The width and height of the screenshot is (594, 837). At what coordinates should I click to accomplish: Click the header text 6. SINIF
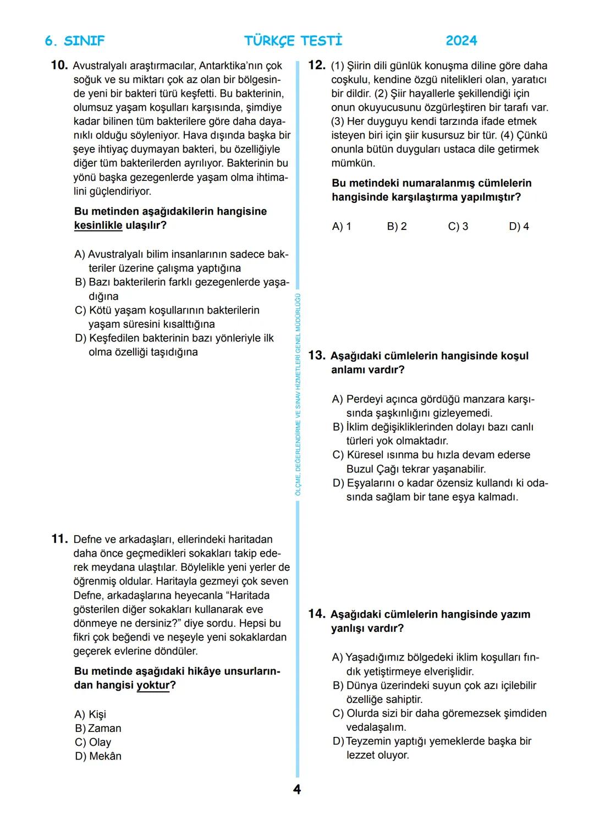74,41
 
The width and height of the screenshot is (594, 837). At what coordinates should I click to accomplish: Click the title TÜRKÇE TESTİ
293,41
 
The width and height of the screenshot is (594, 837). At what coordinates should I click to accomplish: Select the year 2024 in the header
461,41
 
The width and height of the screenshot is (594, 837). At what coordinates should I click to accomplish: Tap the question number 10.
59,65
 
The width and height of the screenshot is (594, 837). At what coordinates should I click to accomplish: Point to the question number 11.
59,539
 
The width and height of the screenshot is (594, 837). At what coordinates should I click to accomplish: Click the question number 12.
317,65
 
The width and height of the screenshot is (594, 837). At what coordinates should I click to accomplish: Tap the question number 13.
317,355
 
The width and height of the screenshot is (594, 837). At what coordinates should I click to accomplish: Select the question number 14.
317,614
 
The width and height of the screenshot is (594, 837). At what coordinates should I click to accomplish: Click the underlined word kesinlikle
98,225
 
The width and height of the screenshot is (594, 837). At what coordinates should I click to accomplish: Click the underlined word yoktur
153,685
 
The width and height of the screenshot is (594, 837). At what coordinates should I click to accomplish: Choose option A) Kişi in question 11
90,714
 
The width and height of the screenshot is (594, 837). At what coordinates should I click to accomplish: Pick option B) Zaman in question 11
98,728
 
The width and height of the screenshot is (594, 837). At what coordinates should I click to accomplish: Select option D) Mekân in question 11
98,756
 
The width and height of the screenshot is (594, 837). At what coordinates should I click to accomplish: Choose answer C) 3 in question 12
458,227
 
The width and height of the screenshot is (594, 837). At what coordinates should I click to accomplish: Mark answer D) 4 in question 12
519,227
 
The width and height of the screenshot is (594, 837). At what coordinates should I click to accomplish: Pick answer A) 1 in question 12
342,227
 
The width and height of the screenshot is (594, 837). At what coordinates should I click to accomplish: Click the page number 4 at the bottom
297,790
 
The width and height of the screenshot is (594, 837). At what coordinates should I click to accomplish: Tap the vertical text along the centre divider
298,394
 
